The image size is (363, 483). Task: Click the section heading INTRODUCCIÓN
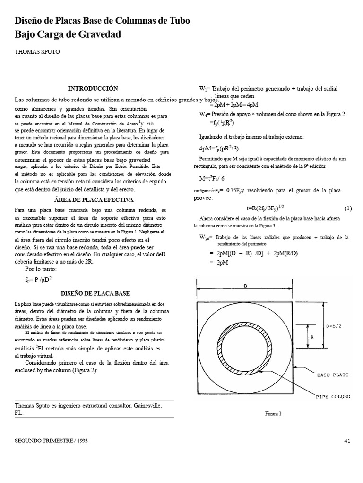pyautogui.click(x=93, y=88)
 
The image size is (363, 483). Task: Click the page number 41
pyautogui.click(x=347, y=441)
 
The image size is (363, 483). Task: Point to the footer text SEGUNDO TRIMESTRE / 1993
pyautogui.click(x=52, y=441)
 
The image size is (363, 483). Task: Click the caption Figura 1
pyautogui.click(x=273, y=414)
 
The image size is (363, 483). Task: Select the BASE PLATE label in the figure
pyautogui.click(x=332, y=375)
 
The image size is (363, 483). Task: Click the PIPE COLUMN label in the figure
pyautogui.click(x=333, y=397)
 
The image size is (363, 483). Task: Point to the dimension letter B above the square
pyautogui.click(x=245, y=286)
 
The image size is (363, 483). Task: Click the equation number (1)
pyautogui.click(x=348, y=208)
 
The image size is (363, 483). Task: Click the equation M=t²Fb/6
pyautogui.click(x=216, y=179)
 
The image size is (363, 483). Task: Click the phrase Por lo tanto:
pyautogui.click(x=41, y=269)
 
